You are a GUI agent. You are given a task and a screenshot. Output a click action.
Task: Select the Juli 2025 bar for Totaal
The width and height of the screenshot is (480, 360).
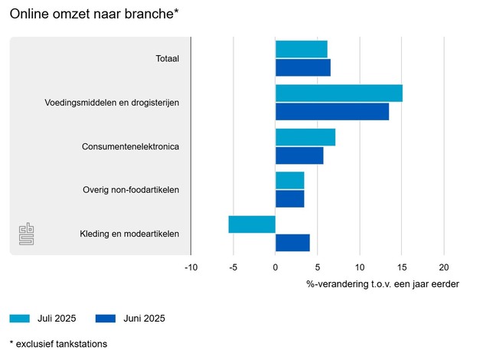coord(301,49)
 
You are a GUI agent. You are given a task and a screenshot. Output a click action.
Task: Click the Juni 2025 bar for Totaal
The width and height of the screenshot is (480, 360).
coord(302,67)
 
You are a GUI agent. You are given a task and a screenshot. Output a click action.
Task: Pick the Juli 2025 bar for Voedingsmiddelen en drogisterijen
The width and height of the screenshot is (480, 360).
coord(338,93)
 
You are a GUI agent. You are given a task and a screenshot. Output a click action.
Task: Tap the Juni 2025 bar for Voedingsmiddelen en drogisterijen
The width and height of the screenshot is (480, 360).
coord(331,111)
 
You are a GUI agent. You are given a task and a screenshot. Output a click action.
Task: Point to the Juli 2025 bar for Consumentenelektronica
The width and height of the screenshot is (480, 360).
coord(305,137)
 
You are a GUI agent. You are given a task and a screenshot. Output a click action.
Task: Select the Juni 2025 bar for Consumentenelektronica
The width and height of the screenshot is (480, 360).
coord(299,155)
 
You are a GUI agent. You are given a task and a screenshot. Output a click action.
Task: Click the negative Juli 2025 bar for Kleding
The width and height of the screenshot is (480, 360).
coord(252,224)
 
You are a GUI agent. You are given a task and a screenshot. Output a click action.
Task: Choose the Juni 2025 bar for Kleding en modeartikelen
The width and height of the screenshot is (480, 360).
coord(292,243)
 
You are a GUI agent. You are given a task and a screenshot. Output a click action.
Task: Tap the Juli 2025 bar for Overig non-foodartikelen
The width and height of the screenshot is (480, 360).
coord(289,181)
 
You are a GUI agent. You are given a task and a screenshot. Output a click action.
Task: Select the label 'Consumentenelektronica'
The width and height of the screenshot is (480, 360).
coord(130,146)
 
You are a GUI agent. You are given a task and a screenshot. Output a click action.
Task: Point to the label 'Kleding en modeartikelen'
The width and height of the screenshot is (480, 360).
coord(129,234)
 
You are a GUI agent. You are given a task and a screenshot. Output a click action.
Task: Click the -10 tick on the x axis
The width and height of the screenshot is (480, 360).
coord(191,267)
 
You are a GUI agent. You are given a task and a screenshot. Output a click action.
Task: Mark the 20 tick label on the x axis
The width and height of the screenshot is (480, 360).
coord(443,267)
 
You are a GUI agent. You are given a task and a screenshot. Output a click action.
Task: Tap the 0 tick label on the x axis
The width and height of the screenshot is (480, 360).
coord(276,267)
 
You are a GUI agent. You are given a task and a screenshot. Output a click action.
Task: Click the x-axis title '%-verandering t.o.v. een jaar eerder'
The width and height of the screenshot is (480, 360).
coord(383,284)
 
